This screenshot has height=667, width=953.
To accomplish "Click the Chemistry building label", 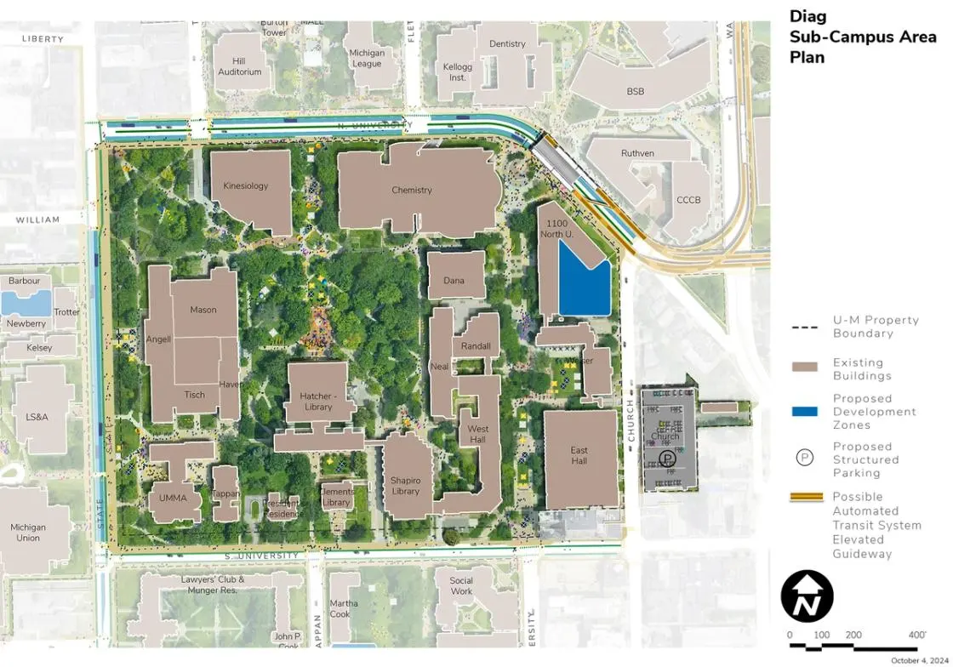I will pos(412,191).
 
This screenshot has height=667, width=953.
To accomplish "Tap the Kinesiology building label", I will pos(245,186).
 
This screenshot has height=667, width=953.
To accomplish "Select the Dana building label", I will pos(454,281).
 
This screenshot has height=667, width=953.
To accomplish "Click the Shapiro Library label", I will pos(406,486).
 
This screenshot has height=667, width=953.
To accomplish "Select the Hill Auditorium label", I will pos(240,67).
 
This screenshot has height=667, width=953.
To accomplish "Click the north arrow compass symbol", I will pos(807,596).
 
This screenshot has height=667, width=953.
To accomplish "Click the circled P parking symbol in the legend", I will pos(804,458).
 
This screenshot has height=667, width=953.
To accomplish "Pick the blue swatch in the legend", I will pos(804,412).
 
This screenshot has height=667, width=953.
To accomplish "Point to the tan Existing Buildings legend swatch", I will pos(804,368).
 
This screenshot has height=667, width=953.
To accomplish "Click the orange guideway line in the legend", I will pos(804,497).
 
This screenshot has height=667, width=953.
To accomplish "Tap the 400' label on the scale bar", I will pos(916,636).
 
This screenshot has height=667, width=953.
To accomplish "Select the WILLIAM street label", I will pos(37,220).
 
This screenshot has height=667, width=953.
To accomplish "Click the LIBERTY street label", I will pos(43,39).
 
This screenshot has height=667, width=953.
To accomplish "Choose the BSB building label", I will pos(636,92).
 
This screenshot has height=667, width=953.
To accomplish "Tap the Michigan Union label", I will pos(28,533).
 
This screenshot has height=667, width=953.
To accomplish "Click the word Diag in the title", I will pos(808,16).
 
